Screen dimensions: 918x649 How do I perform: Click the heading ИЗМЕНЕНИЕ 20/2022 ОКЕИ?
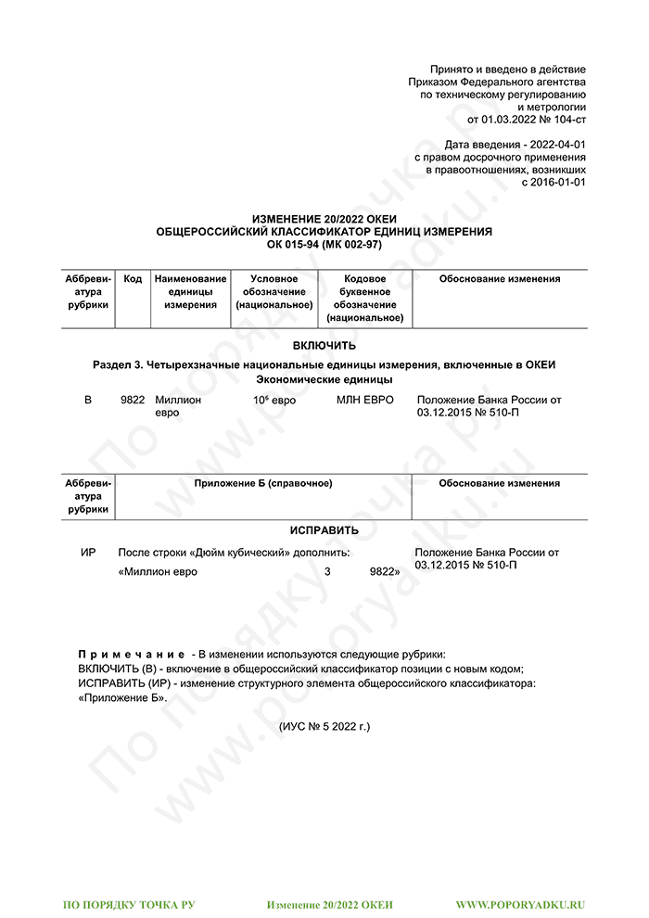point(324,219)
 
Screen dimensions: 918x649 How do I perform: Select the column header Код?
point(133,278)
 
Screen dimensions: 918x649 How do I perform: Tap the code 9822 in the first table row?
point(133,400)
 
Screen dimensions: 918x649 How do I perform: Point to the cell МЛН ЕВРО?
point(364,400)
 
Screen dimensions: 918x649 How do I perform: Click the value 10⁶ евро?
point(274,400)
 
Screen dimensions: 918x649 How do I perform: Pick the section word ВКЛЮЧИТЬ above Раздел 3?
point(324,346)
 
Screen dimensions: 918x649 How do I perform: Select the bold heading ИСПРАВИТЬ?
point(324,530)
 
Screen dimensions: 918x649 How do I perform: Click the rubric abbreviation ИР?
point(89,553)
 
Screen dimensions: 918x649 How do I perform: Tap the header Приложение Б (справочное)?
point(263,483)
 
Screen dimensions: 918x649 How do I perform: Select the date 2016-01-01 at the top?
point(557,183)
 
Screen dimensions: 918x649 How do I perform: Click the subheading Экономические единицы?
point(324,379)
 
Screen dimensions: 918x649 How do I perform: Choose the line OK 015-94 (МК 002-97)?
point(324,244)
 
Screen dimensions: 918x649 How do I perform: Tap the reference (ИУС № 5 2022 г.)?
point(324,726)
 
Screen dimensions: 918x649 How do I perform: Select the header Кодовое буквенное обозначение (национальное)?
point(364,298)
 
